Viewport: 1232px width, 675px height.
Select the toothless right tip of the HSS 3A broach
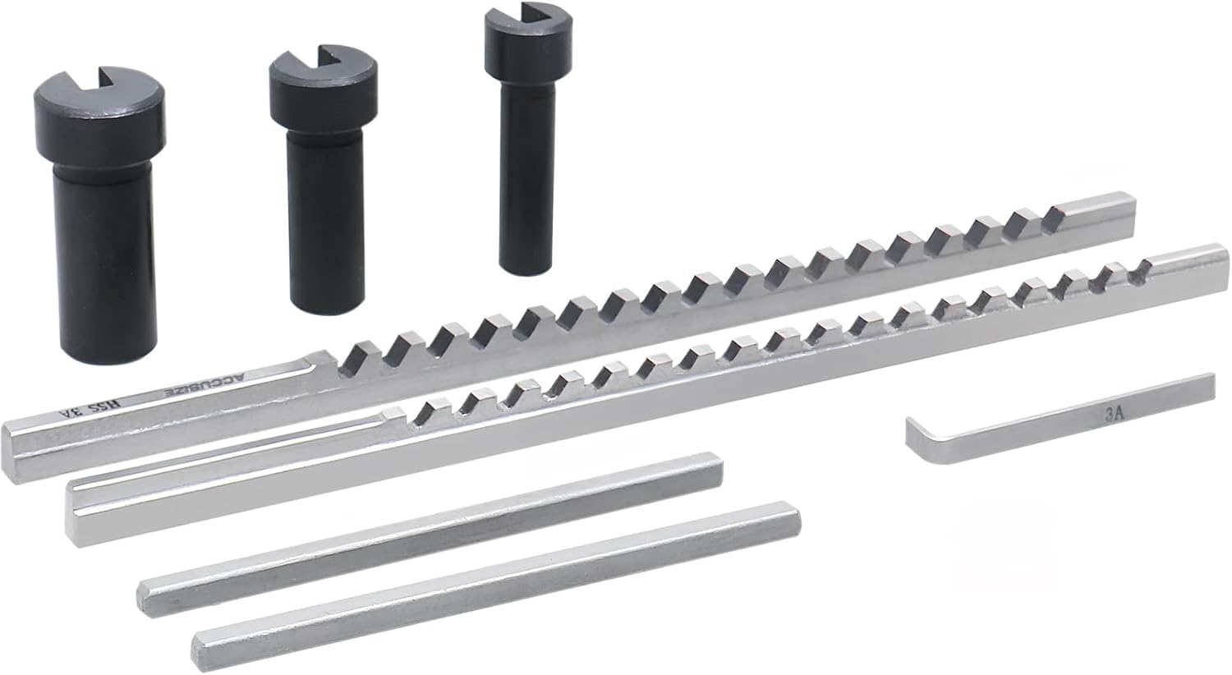1101,210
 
